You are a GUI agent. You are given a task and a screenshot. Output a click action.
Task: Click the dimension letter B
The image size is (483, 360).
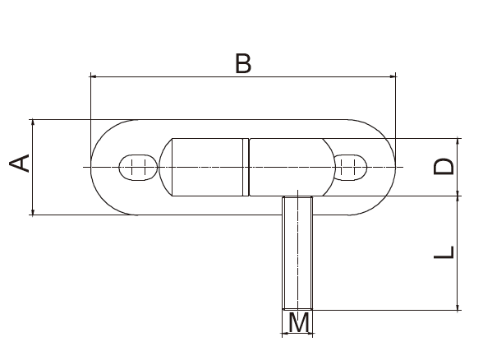[x=242, y=63]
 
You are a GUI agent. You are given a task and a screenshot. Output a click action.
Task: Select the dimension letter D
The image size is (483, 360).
[x=444, y=167]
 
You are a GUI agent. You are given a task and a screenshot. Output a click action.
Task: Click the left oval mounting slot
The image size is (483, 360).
[x=137, y=167]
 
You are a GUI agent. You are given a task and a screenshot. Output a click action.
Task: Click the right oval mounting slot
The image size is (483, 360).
[x=350, y=167]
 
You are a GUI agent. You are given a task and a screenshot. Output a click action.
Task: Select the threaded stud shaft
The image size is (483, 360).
[x=297, y=251]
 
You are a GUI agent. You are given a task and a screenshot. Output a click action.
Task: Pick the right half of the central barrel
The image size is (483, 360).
[x=287, y=167]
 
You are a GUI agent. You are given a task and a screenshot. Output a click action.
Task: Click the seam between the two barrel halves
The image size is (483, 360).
[x=246, y=167]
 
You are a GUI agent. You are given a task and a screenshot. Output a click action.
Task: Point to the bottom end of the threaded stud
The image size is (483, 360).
[x=297, y=307]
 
